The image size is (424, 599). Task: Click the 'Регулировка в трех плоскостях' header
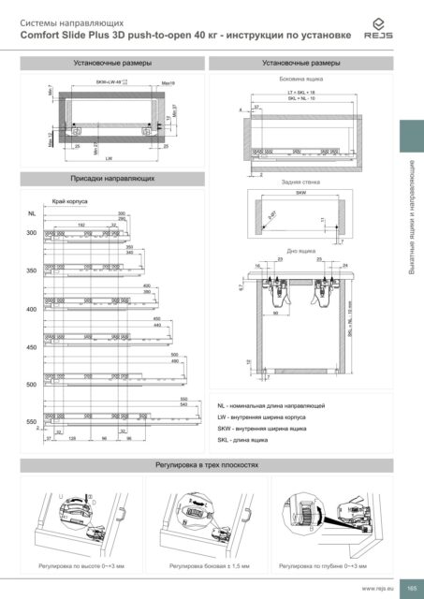(212, 464)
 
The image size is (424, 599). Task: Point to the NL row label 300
(31, 232)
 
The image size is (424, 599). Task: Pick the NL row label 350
(31, 270)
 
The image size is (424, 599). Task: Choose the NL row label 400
(31, 309)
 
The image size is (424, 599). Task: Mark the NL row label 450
(31, 347)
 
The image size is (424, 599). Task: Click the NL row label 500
(31, 385)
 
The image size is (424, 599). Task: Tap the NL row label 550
(31, 422)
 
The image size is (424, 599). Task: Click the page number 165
(410, 587)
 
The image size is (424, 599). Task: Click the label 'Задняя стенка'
(298, 183)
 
